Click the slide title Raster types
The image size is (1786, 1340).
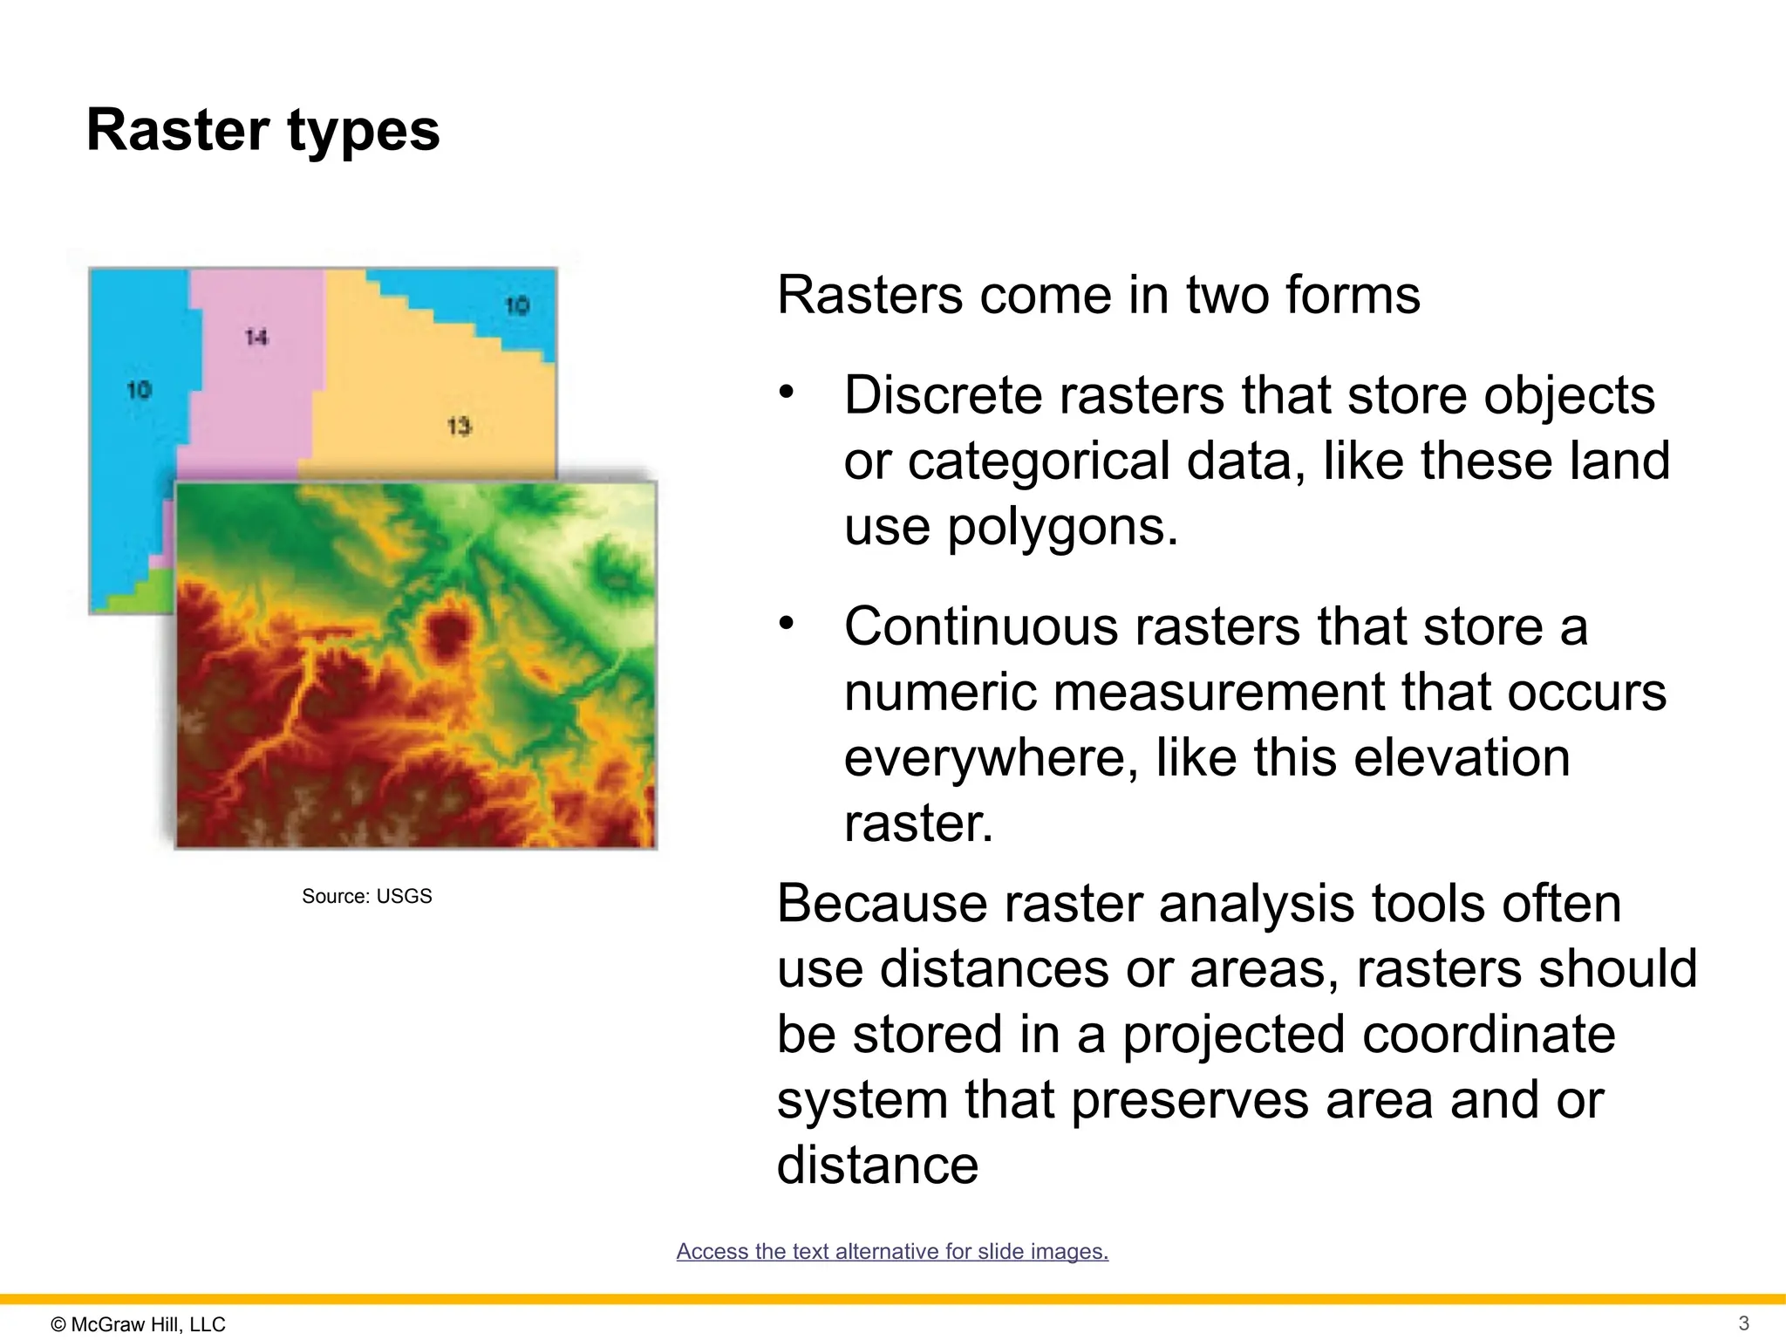coord(262,131)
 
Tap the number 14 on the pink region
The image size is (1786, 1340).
coord(256,337)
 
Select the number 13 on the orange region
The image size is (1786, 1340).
coord(459,427)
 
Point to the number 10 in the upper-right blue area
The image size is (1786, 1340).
coord(517,305)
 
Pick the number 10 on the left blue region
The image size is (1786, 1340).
coord(140,390)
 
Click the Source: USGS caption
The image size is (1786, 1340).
coord(366,896)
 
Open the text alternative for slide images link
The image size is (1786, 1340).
coord(892,1251)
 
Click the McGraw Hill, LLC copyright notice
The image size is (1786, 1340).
coord(139,1324)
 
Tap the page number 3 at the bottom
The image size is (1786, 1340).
coord(1743,1323)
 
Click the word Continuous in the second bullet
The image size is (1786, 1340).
coord(981,626)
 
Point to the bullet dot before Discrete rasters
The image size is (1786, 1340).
coord(787,392)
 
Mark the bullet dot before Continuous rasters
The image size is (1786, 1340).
coord(787,623)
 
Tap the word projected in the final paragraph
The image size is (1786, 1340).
coord(1233,1035)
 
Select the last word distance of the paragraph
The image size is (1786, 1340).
coord(877,1166)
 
